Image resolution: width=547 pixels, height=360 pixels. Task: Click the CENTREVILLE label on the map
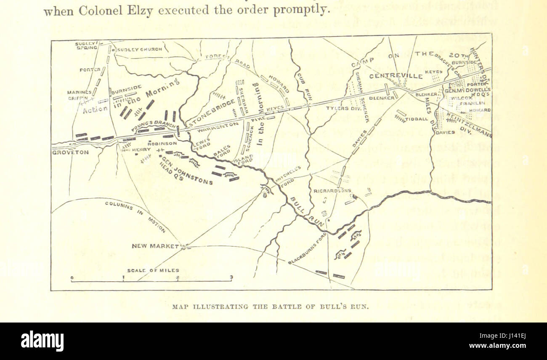pos(396,77)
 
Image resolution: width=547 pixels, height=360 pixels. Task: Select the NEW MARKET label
pos(155,246)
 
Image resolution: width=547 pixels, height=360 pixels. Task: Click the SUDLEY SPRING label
pos(86,45)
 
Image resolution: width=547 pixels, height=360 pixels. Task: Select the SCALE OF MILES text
pos(153,270)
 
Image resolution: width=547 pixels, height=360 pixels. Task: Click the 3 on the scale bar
pos(231,277)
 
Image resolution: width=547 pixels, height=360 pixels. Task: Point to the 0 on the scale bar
pos(72,278)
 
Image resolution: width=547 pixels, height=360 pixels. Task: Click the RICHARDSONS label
pos(332,191)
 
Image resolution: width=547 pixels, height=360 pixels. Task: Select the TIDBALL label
pos(417,119)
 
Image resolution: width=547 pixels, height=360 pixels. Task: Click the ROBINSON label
pos(162,143)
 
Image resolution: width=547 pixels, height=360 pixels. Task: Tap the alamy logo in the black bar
pos(42,341)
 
